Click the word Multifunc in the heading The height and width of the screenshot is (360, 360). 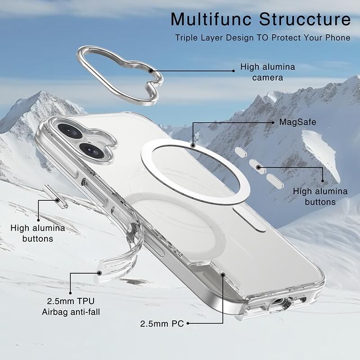(x=211, y=19)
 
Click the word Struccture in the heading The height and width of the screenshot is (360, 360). (x=305, y=19)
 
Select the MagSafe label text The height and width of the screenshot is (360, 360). (x=297, y=122)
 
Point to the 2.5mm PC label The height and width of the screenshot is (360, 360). (x=162, y=324)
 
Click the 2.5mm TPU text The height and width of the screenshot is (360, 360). (x=71, y=301)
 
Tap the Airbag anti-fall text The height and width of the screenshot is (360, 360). (x=71, y=312)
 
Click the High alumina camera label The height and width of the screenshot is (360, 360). (x=267, y=72)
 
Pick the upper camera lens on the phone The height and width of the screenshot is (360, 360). (x=70, y=131)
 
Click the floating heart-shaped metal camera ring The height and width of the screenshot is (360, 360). (x=120, y=76)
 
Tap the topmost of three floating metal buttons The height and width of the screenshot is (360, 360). (x=241, y=152)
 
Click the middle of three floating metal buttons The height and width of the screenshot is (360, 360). (x=257, y=166)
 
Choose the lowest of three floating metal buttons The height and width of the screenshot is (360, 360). (x=275, y=181)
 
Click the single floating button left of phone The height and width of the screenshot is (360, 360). (x=55, y=197)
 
